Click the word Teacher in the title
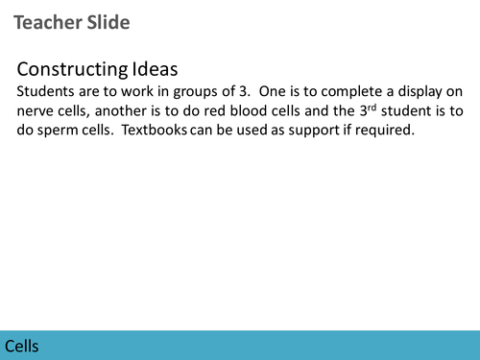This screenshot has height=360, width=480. (49, 22)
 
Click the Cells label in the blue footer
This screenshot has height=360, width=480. (22, 346)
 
